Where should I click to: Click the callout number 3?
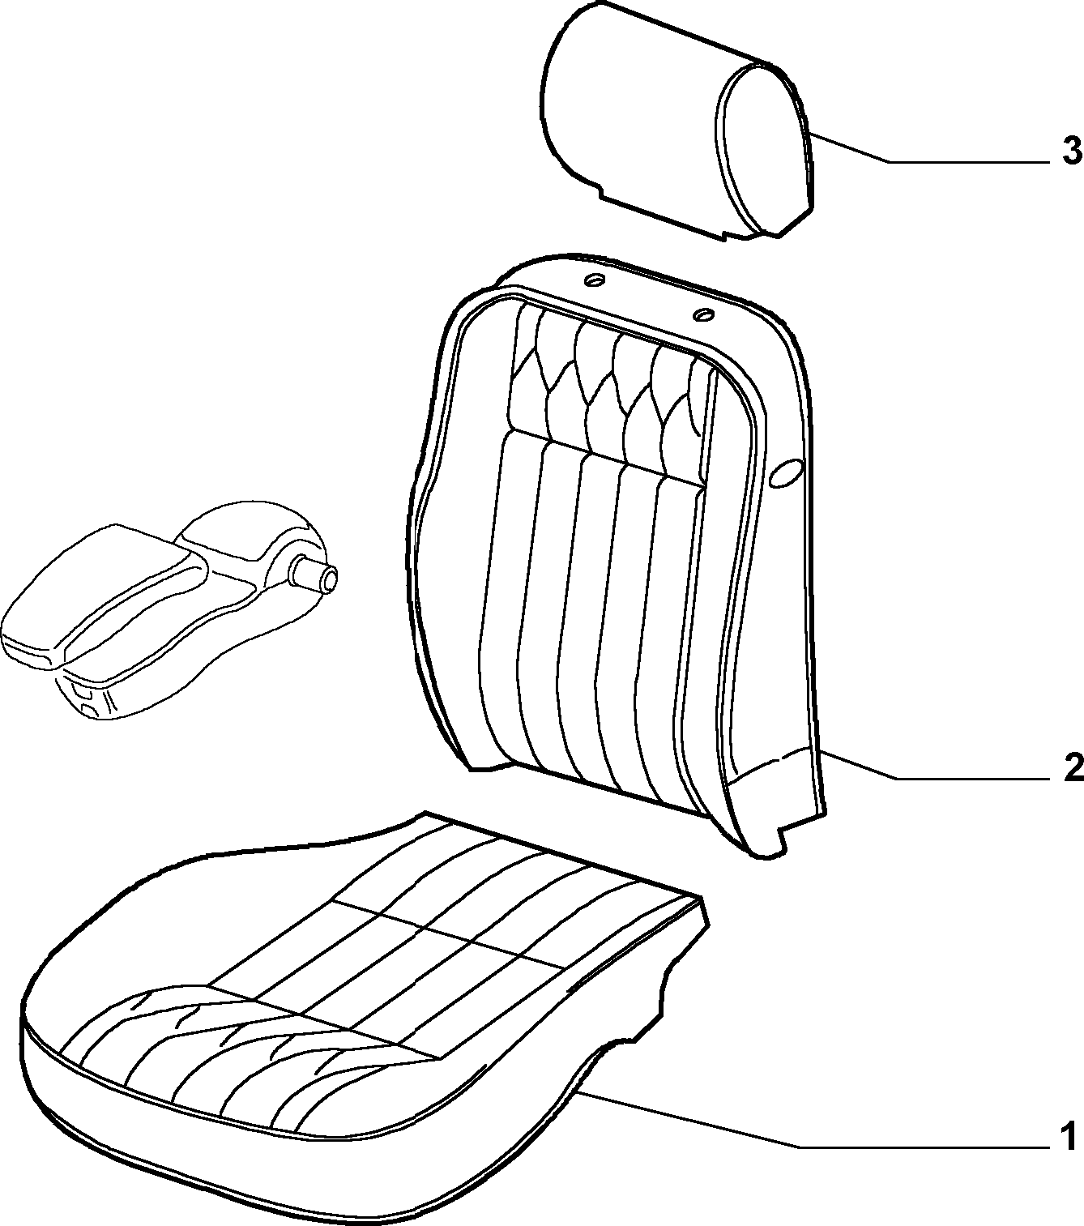tap(1072, 151)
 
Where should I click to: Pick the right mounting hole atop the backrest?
tap(703, 314)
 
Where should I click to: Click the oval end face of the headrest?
tap(763, 148)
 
